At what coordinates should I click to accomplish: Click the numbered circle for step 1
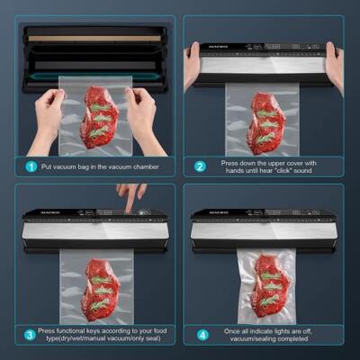point(30,166)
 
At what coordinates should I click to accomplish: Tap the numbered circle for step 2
point(200,166)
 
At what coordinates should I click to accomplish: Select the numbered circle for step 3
point(30,336)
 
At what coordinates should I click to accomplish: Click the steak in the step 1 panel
point(98,116)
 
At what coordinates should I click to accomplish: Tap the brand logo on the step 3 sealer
point(38,214)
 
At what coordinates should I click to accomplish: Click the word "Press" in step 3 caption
point(49,331)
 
